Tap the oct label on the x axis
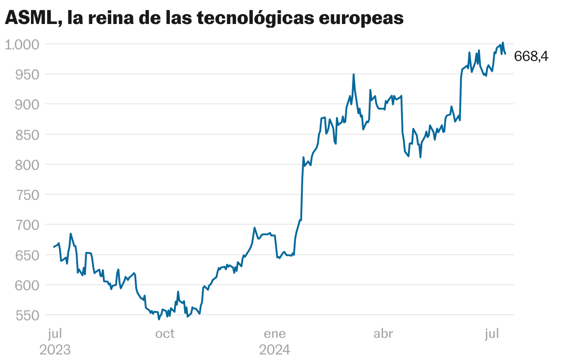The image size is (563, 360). (165, 333)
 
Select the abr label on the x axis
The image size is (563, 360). (383, 333)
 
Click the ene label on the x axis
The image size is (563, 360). (275, 333)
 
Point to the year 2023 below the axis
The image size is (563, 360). (55, 350)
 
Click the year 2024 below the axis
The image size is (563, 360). (275, 350)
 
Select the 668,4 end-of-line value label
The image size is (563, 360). (531, 56)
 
